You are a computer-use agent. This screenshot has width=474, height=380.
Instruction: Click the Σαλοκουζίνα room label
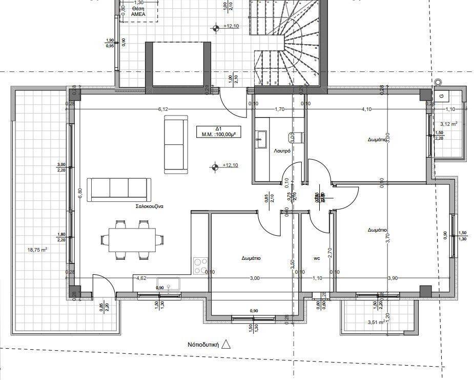tap(149, 206)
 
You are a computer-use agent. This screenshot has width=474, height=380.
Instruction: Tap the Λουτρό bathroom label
tap(282, 151)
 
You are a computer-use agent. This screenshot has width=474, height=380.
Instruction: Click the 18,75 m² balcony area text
tap(37, 250)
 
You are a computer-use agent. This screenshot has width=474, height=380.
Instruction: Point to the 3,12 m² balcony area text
tap(448, 124)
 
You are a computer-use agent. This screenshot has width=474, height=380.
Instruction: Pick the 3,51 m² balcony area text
tap(376, 322)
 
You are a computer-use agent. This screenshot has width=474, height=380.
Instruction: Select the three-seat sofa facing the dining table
tap(119, 189)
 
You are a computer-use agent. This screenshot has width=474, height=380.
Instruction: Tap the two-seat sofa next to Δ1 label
tap(174, 145)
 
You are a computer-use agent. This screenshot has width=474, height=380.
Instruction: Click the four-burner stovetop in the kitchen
tap(200, 266)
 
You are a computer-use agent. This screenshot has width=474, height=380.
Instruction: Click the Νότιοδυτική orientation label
tap(203, 345)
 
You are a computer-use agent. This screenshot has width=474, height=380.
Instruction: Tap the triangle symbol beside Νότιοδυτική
tap(226, 345)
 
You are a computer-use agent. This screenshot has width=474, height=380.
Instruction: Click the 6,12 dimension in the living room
tap(163, 109)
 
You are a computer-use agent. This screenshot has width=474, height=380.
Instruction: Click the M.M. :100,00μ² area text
tap(218, 135)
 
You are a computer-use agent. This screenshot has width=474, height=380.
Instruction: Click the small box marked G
tap(441, 96)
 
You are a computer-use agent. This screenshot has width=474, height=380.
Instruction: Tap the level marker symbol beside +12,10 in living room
tap(214, 166)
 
